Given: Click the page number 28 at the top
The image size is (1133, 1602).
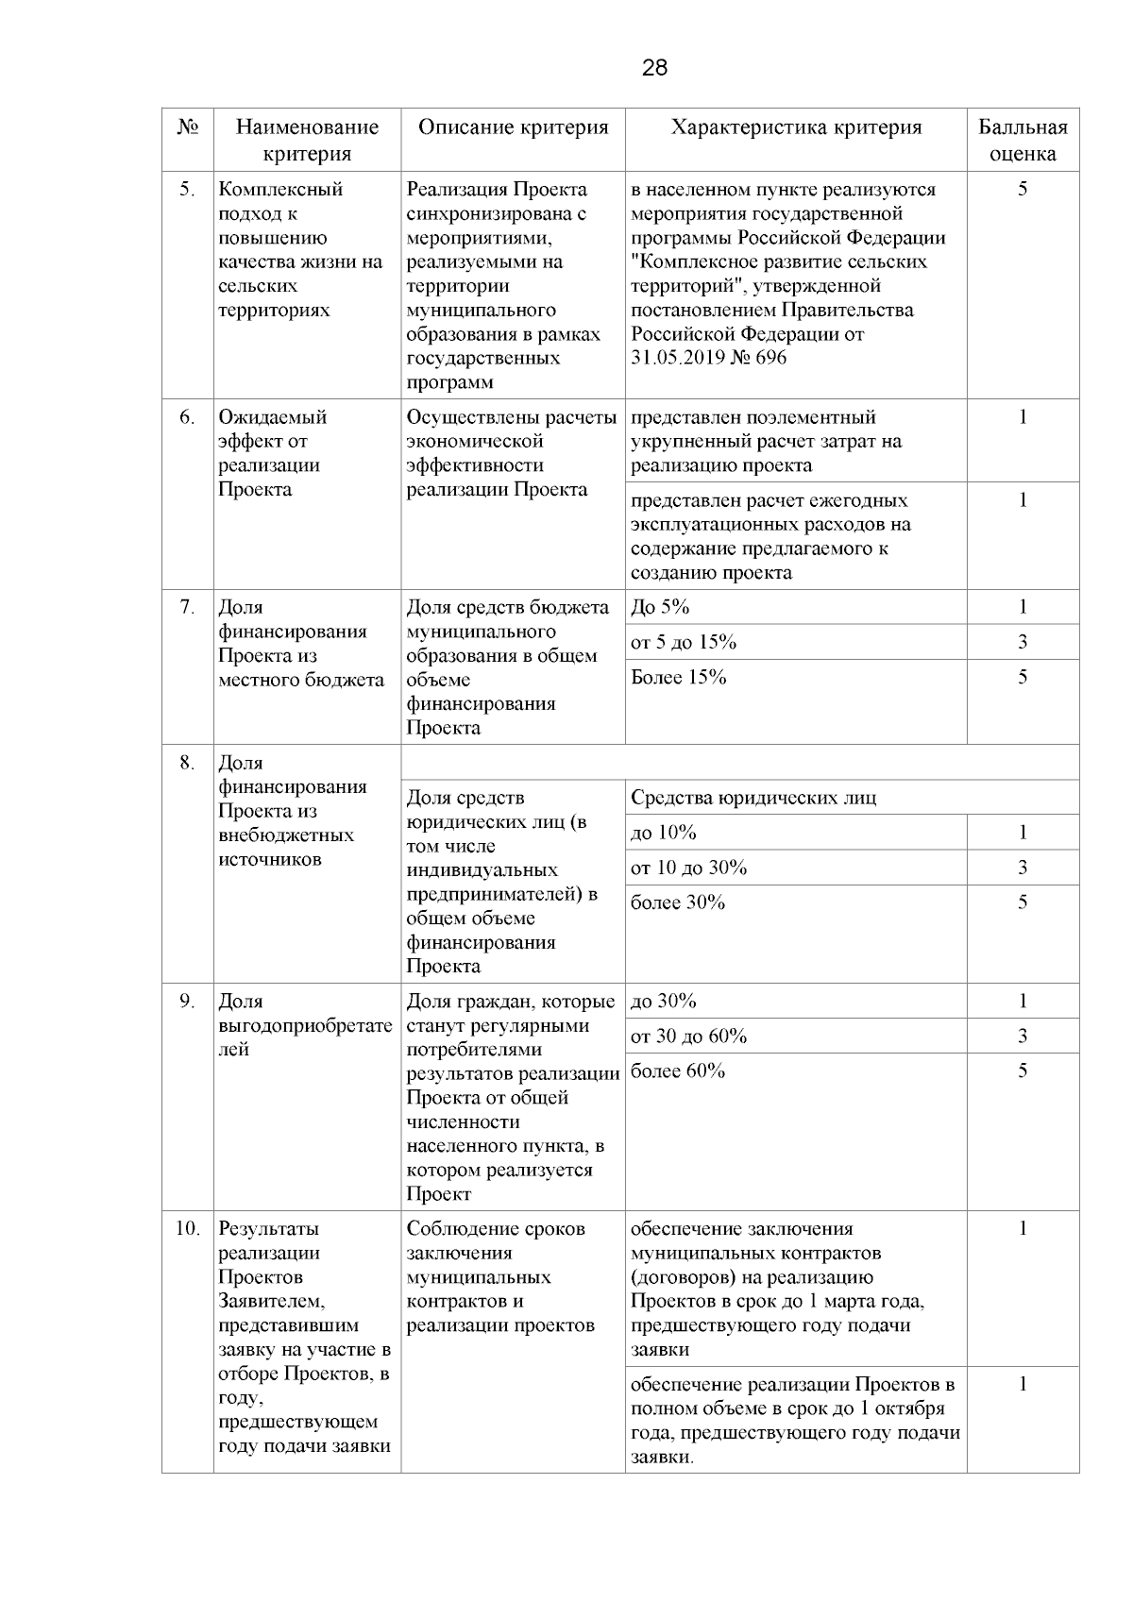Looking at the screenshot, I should pos(654,68).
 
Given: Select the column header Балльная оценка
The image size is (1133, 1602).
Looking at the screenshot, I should pos(1023,141).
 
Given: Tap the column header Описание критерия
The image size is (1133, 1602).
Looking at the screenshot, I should pos(513,127).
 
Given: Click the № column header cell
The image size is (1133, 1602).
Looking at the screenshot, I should pos(187,127).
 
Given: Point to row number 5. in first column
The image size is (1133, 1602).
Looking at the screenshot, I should pos(187,189).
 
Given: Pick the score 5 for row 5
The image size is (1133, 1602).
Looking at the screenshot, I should pos(1023,189).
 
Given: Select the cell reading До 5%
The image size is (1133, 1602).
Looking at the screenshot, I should pos(660,607).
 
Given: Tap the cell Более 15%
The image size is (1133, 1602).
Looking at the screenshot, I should pos(678,677).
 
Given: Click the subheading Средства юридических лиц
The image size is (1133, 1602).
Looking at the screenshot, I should pos(753,798).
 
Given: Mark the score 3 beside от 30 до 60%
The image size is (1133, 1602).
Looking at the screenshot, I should pos(1023,1036).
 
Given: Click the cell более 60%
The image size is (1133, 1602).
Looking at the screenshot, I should pos(678,1071).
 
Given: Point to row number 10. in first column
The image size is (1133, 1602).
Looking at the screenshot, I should pos(187,1229).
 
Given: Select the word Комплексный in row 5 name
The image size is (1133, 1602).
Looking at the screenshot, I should pos(280,189).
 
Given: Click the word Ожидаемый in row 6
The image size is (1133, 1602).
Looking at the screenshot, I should pos(272,417).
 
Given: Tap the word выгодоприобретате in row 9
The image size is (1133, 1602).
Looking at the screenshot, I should pos(305,1025).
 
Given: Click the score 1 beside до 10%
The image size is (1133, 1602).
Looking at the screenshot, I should pos(1023,833).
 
